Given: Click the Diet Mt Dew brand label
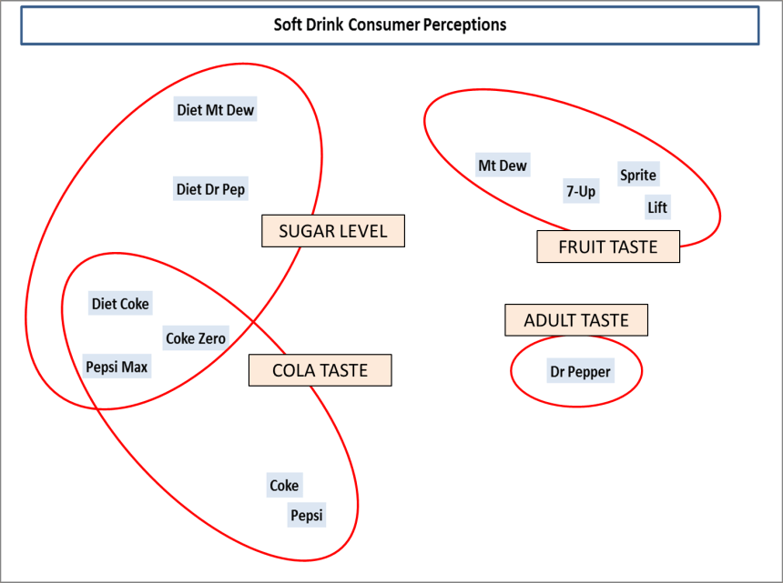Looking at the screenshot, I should coord(216,110).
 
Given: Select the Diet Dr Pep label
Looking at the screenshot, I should coord(210,189).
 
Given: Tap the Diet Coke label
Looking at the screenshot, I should coord(120,304).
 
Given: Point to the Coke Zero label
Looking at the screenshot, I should coord(195,338).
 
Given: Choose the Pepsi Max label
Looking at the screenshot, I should coord(117,367).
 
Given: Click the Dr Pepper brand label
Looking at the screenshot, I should coord(580,371).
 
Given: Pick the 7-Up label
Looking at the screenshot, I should coord(581,191).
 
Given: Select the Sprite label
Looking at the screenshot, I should coord(637,175).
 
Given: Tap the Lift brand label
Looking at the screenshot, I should coord(656,207).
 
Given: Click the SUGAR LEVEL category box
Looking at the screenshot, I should coord(332,231).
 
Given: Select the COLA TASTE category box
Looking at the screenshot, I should coord(320,370).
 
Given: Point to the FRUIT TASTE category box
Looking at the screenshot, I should coord(607,246).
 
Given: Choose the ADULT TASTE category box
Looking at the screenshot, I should coord(576,320).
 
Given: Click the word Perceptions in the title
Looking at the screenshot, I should coord(464,25).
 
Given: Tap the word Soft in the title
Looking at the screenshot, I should coord(288,25).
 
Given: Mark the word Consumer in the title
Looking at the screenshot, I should coord(387,25).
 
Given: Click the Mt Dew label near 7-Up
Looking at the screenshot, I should coord(503,166).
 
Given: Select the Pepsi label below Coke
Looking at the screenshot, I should coord(307,516).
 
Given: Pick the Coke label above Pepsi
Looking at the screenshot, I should coord(284,486).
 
